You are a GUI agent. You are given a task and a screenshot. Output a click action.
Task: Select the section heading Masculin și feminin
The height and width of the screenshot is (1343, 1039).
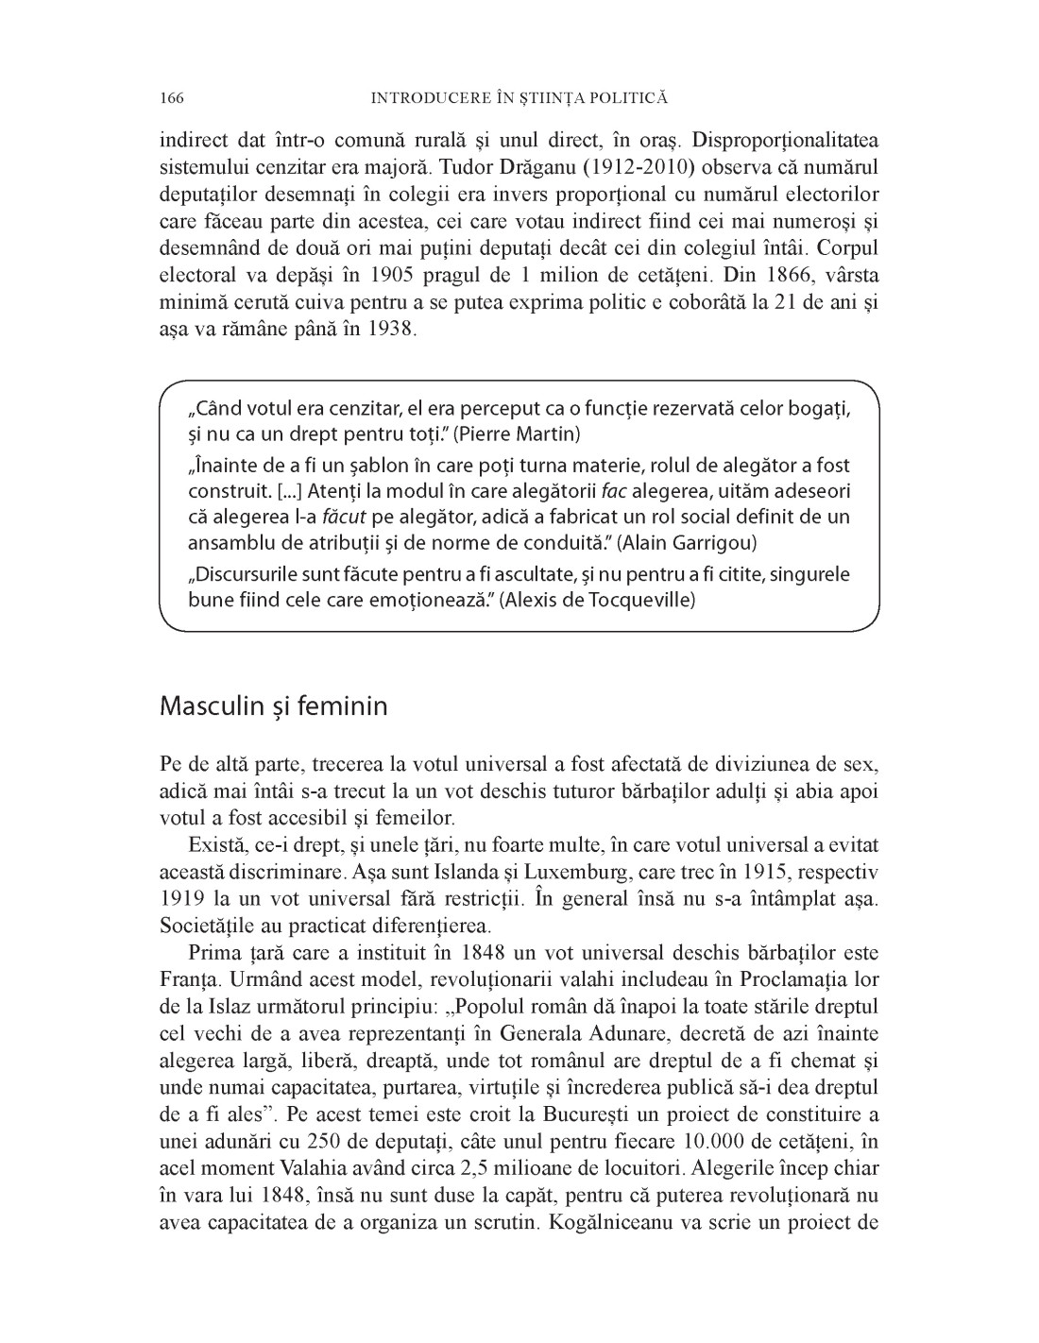[274, 705]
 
